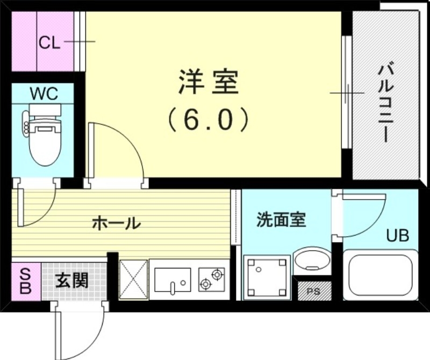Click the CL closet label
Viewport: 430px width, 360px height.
click(x=49, y=43)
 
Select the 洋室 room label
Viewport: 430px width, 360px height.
click(x=209, y=83)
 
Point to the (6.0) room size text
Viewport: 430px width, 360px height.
click(x=209, y=120)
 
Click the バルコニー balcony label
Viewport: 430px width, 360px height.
click(x=385, y=102)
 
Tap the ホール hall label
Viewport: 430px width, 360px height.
click(x=116, y=222)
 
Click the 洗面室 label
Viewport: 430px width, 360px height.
click(x=281, y=220)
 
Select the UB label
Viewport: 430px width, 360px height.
click(x=398, y=235)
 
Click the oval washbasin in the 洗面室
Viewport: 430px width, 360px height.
click(x=312, y=260)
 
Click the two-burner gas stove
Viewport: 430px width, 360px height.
click(x=211, y=279)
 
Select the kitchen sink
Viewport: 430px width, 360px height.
click(x=172, y=279)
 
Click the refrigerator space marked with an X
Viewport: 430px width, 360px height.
click(x=133, y=279)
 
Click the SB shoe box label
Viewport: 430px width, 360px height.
click(x=26, y=280)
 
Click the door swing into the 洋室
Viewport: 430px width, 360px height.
click(x=116, y=153)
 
